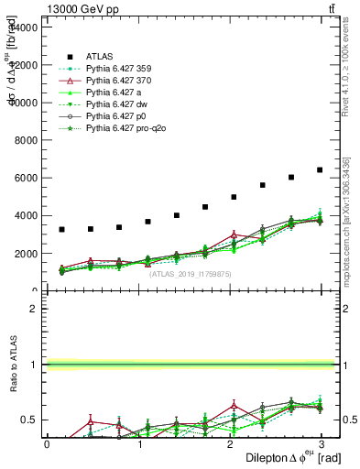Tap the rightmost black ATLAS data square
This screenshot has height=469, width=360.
point(320,169)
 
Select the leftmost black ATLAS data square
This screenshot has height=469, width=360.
point(61,229)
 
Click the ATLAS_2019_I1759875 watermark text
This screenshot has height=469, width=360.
point(191,273)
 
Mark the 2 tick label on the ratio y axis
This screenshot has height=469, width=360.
point(34,309)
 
